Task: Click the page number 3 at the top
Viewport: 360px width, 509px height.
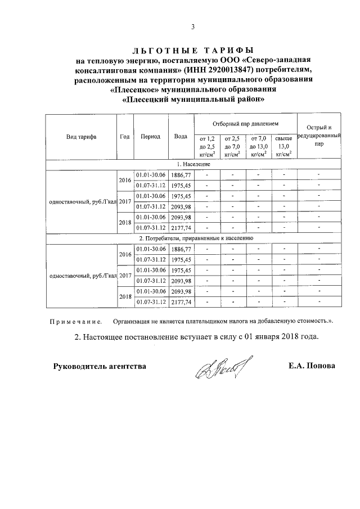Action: point(193,27)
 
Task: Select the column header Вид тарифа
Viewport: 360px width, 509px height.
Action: point(80,137)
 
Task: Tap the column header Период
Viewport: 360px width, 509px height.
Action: point(151,137)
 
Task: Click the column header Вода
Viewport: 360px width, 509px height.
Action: point(181,137)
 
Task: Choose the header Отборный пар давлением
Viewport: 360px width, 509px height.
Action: point(245,123)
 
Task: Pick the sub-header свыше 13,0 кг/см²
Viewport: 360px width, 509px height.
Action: point(283,146)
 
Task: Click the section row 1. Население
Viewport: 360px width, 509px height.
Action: point(193,164)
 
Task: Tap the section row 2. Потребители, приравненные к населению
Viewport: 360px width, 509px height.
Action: point(193,238)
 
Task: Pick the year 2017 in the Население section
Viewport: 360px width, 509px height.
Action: point(125,201)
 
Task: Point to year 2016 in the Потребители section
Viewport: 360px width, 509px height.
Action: point(125,254)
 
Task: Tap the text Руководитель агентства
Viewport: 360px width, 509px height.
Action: point(100,366)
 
